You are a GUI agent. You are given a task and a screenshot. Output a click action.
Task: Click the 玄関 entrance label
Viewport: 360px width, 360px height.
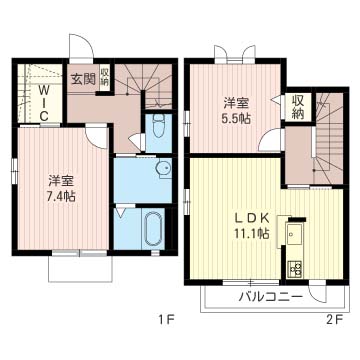(83, 79)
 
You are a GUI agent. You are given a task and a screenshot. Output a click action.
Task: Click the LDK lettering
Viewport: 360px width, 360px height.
(252, 218)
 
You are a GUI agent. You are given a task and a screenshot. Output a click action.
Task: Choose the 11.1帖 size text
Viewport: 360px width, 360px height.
(252, 234)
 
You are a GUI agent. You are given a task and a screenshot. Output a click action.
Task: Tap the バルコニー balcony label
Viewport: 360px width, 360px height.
(271, 296)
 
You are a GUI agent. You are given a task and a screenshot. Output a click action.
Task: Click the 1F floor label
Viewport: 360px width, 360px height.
(166, 320)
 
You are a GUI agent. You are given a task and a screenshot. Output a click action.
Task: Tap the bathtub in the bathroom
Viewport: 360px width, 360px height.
(154, 228)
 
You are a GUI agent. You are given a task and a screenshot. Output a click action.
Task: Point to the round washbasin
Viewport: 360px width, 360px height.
(163, 167)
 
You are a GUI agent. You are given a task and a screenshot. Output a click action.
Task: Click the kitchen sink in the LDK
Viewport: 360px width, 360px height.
(294, 235)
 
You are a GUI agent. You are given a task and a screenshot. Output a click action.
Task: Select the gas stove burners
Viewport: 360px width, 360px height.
(294, 268)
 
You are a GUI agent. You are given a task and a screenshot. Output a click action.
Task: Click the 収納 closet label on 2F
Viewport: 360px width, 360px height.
(297, 107)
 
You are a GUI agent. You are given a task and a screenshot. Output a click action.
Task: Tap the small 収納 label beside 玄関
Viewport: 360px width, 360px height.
(105, 77)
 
